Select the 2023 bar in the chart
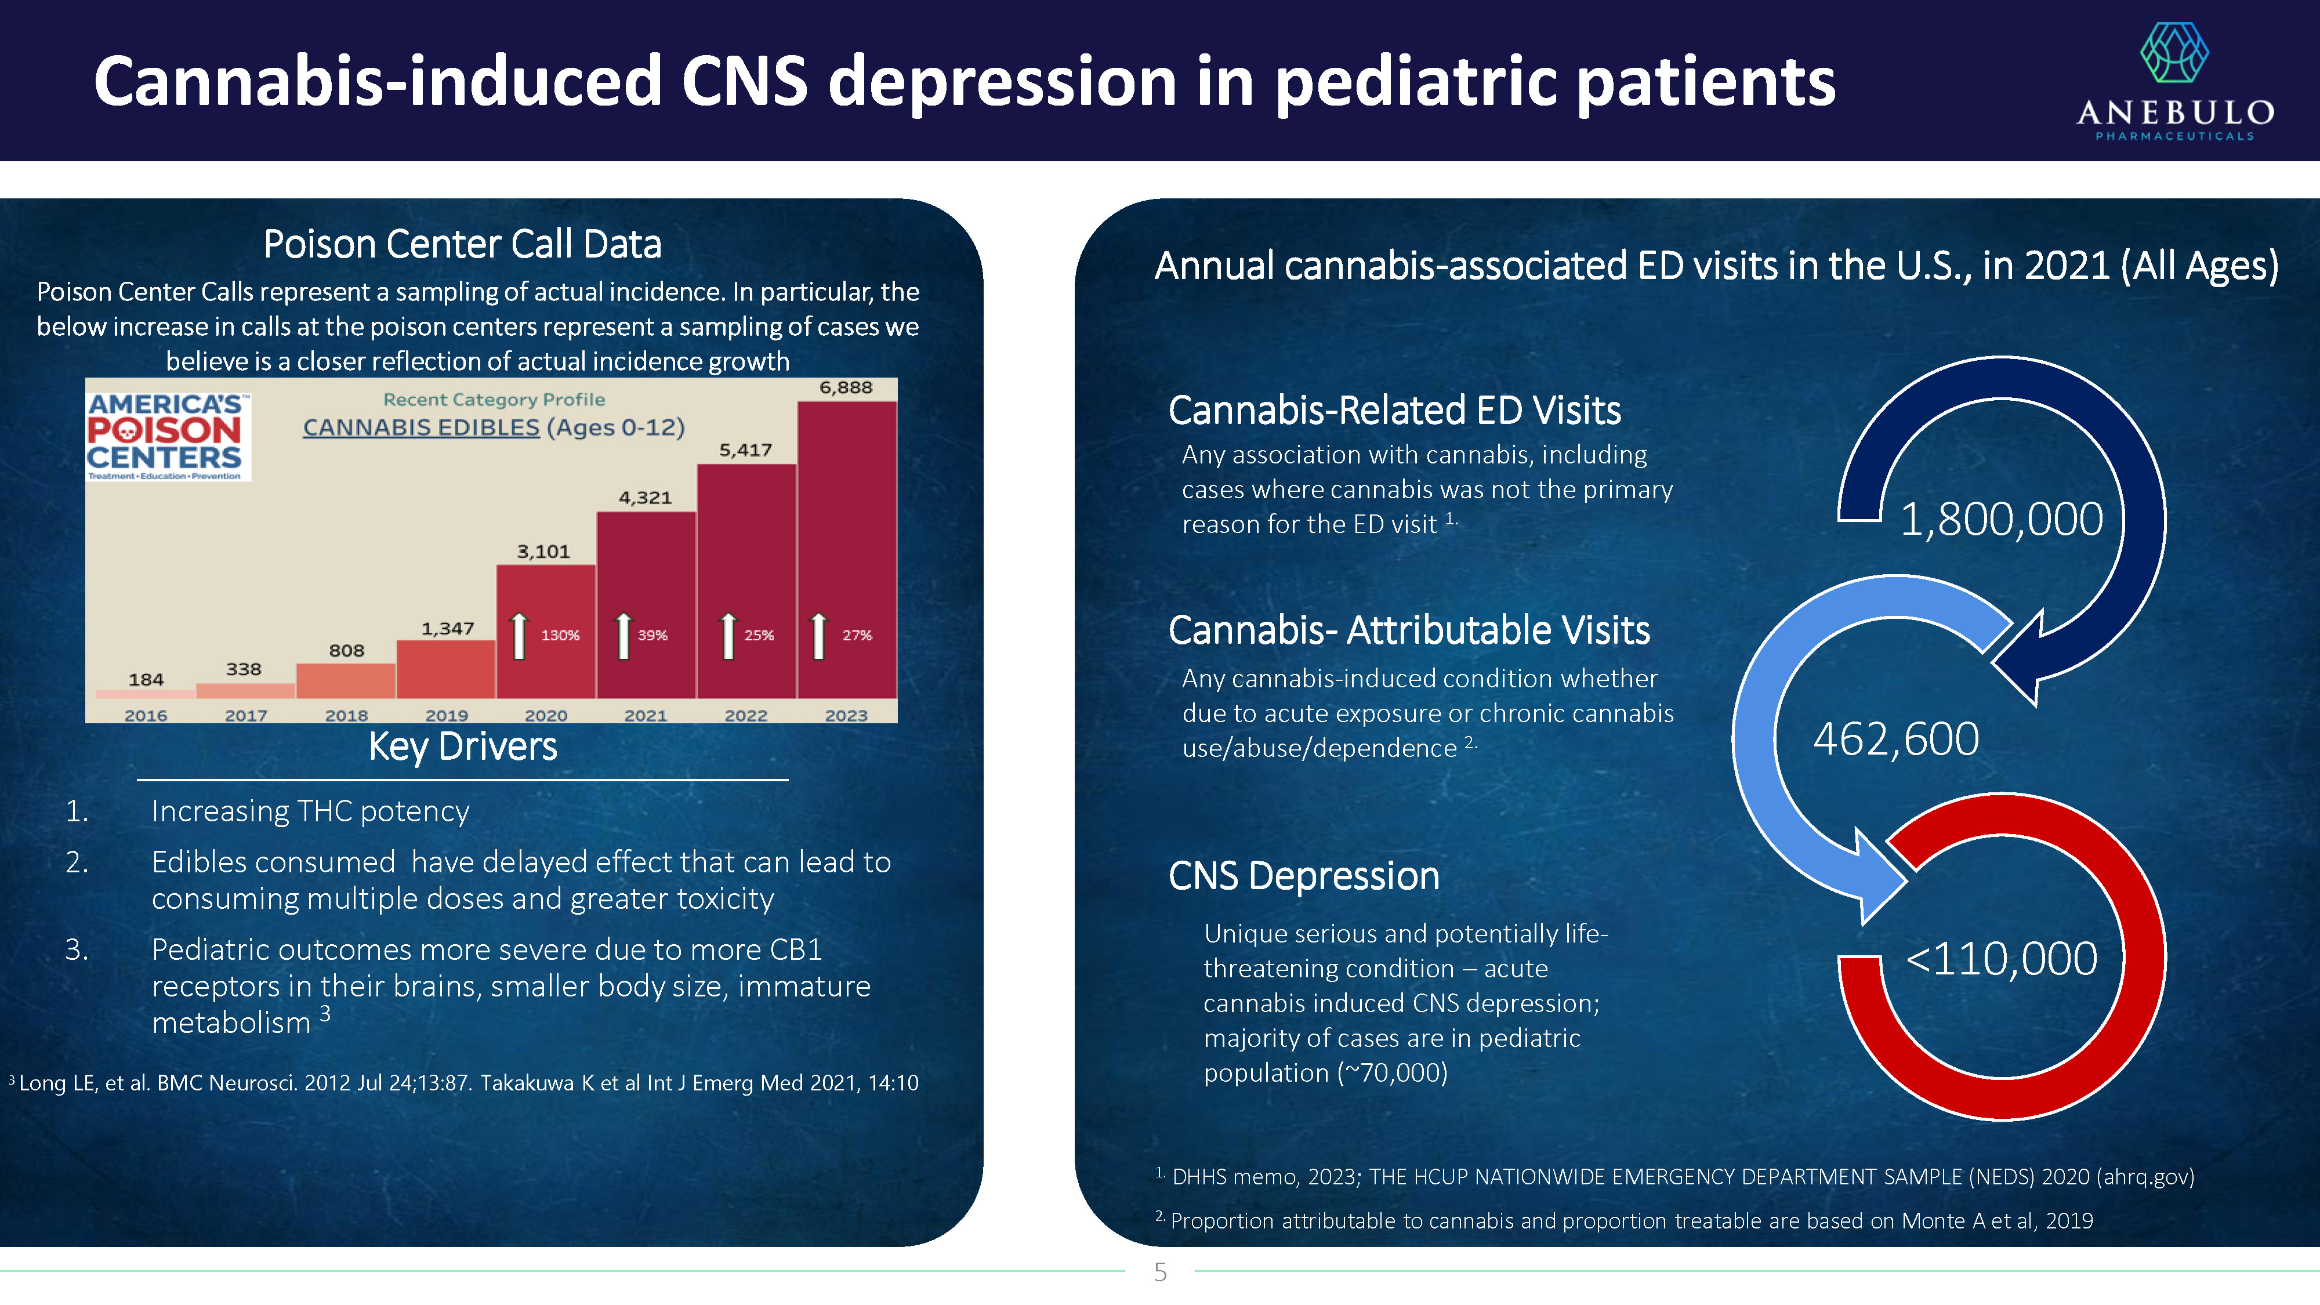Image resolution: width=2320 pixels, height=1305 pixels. [847, 549]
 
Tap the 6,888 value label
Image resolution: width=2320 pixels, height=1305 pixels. [846, 387]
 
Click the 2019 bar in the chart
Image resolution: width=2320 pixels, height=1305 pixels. [446, 669]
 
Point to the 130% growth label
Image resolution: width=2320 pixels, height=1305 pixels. [560, 635]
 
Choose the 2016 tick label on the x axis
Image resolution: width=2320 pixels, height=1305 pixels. [146, 715]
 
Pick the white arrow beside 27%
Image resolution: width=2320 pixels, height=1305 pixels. [818, 636]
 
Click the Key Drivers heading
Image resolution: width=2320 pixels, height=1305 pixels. [463, 746]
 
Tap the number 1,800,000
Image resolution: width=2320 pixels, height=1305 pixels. [2001, 520]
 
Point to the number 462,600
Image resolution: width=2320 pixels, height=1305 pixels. [1896, 739]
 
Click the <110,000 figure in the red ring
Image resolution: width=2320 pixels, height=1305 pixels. [2001, 958]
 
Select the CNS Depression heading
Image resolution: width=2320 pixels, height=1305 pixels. [1303, 875]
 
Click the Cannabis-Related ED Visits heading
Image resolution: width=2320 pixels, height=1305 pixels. [1394, 411]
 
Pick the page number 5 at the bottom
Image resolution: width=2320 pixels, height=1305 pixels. [1160, 1273]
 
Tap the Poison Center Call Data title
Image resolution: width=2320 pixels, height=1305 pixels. [462, 244]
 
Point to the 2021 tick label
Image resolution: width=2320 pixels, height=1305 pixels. [646, 715]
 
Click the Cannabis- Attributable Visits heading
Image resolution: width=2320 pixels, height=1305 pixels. [1409, 630]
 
